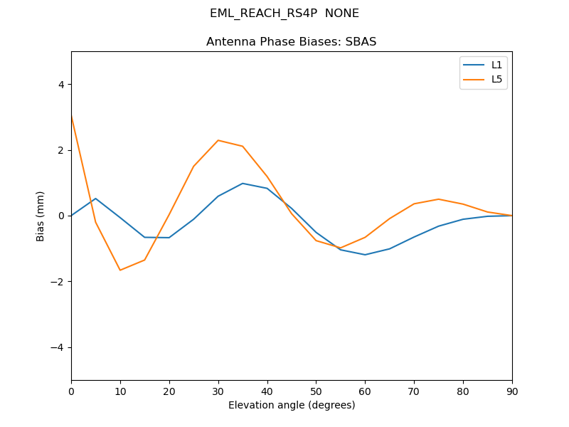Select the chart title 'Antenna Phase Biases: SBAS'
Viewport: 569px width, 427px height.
tap(291, 42)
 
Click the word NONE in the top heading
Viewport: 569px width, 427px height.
tap(342, 14)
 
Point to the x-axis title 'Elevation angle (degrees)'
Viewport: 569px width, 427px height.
tap(291, 405)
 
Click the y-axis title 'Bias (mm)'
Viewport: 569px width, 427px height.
tap(41, 216)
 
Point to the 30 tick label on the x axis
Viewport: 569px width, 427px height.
tap(218, 391)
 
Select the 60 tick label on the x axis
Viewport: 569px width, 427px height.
tap(365, 391)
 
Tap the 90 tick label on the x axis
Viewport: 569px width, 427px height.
tap(511, 391)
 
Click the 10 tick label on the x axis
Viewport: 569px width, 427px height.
tap(120, 391)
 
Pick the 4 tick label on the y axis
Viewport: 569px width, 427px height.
tap(60, 85)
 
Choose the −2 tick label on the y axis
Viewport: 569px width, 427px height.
tap(58, 282)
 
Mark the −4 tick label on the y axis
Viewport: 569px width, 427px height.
tap(58, 347)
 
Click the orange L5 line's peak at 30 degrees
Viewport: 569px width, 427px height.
tap(218, 140)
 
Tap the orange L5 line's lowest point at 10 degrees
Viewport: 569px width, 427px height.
tap(120, 270)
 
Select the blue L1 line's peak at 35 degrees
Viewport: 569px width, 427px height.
tap(243, 184)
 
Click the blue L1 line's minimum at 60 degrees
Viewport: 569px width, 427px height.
tap(365, 255)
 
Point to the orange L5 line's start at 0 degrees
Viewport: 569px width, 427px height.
tap(71, 115)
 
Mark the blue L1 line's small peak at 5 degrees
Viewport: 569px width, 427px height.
tap(95, 199)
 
